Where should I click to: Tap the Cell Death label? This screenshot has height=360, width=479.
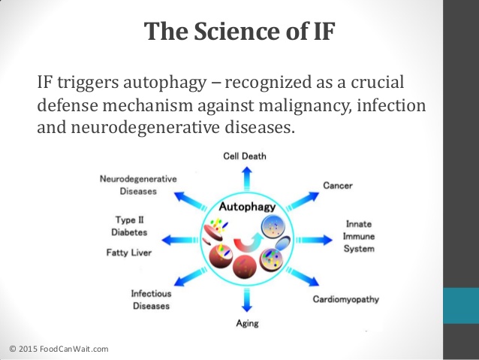tap(245, 156)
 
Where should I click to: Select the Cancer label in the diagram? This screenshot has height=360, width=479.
tap(338, 185)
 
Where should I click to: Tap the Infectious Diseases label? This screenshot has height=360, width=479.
tap(151, 300)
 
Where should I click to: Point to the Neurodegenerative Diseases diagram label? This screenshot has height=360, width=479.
tap(138, 185)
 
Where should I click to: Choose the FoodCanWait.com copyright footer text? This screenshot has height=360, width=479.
tap(59, 348)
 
